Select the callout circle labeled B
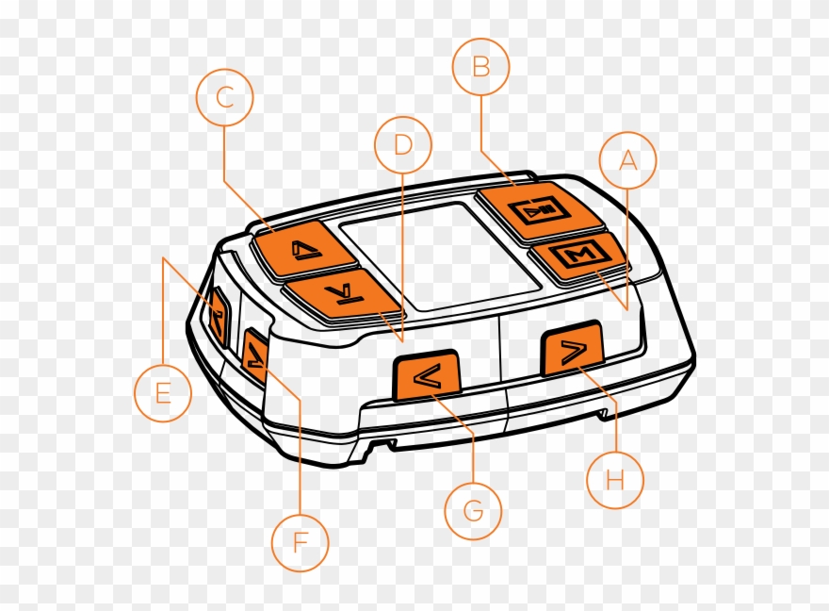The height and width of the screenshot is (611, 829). click(x=480, y=67)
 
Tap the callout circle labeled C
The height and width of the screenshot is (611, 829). click(x=224, y=97)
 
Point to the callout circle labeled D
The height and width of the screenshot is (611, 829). click(x=403, y=144)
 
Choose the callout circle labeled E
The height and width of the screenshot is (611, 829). click(x=162, y=392)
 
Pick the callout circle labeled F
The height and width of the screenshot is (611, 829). click(x=301, y=542)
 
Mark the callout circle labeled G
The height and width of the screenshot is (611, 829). click(x=473, y=512)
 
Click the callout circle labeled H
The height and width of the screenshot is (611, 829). click(x=615, y=480)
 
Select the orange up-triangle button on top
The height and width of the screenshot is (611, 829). click(x=301, y=248)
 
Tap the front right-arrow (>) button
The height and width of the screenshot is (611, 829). click(x=572, y=351)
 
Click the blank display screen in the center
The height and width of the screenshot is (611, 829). click(x=438, y=255)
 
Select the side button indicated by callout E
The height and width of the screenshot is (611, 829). click(x=218, y=317)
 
